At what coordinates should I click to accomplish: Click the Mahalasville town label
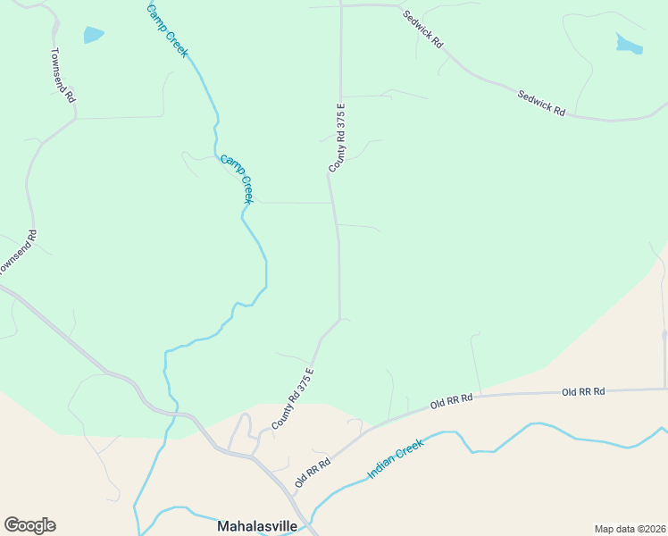point(257,526)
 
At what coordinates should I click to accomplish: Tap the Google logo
point(29,525)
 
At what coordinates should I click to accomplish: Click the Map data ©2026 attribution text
point(630,528)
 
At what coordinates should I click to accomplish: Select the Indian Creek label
point(395,459)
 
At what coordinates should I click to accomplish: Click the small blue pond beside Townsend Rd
point(93,35)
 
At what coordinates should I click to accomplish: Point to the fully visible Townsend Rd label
point(63,75)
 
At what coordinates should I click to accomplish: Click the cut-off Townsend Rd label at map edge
point(18,253)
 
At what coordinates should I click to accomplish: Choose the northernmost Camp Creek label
point(169,29)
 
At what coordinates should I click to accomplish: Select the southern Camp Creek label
point(238,179)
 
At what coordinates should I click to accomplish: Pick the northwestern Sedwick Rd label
point(422,29)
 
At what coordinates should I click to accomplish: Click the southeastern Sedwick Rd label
point(542,101)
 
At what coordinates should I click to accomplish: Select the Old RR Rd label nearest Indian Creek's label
point(313,473)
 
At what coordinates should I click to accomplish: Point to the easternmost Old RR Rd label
point(583,391)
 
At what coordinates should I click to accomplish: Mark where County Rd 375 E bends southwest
point(338,320)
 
